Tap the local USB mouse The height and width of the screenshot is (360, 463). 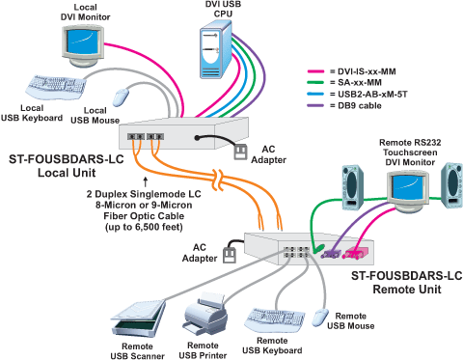click(120, 97)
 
